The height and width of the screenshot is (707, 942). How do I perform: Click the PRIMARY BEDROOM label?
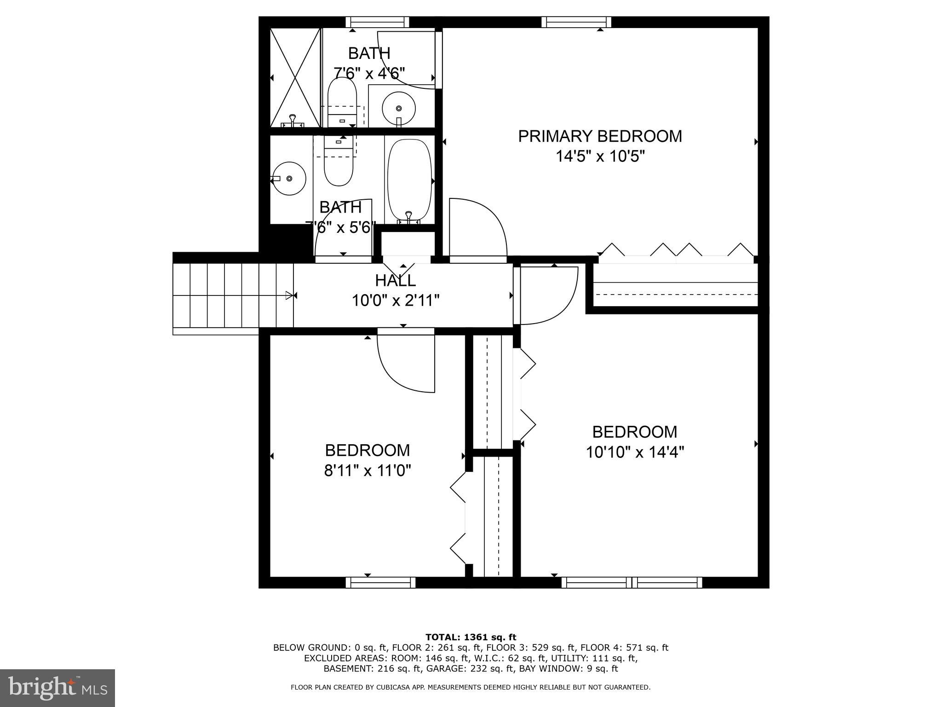600,136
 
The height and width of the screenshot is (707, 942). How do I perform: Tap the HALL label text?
395,280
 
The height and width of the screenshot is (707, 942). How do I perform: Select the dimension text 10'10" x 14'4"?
635,452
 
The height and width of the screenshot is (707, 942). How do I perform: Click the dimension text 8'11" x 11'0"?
368,470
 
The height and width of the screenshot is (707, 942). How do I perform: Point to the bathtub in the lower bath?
409,181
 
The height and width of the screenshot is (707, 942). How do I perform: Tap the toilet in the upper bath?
342,101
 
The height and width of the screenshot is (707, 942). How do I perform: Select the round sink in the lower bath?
289,178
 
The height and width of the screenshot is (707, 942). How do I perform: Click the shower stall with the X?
295,77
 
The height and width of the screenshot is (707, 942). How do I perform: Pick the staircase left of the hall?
232,295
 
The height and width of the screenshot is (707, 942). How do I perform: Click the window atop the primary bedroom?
576,22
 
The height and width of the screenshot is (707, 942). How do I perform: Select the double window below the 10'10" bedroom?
632,583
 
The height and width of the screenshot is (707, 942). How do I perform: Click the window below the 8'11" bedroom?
380,583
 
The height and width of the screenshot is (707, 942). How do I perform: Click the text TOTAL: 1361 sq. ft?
471,637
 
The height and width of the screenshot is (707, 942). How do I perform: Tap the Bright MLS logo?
57,688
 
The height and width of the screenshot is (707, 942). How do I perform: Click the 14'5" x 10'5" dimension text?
600,156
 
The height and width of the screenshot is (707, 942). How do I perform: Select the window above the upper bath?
377,22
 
